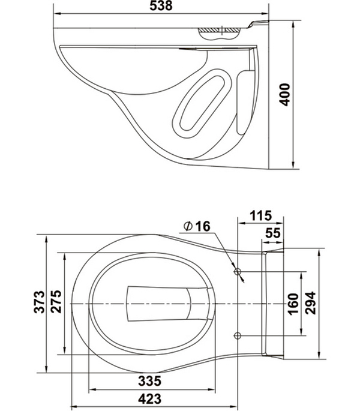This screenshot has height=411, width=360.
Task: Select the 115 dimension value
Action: [261, 215]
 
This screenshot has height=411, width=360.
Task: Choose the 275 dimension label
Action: [56, 303]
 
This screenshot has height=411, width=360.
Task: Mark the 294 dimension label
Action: [311, 303]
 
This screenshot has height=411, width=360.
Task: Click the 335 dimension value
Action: [150, 380]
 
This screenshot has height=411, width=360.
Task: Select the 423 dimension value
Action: [150, 397]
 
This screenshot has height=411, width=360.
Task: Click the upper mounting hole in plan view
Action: [238, 272]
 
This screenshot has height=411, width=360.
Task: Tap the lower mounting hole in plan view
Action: [238, 334]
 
